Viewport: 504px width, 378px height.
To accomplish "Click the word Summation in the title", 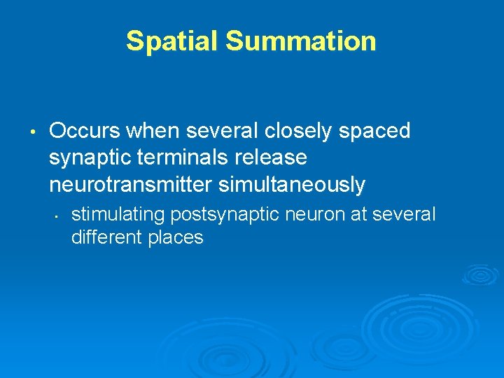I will pyautogui.click(x=301, y=41).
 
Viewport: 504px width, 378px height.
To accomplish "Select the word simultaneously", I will pyautogui.click(x=292, y=185).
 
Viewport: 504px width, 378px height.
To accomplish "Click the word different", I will pyautogui.click(x=106, y=237).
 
